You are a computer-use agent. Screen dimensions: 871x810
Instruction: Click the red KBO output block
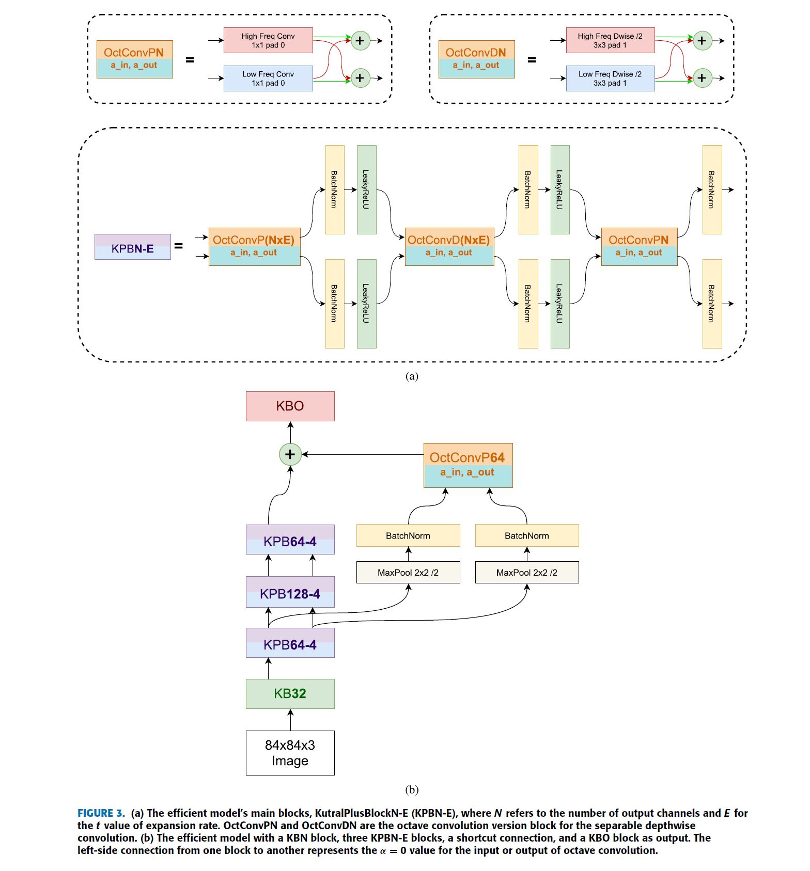(x=290, y=406)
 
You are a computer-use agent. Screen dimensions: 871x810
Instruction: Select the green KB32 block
(x=290, y=693)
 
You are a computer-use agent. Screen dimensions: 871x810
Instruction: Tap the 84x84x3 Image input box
(x=290, y=752)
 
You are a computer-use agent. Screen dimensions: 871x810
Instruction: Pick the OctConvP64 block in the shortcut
(x=468, y=465)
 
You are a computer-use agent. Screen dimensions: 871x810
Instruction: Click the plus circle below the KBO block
(x=290, y=454)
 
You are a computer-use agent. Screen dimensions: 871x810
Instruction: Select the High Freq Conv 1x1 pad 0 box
(x=268, y=40)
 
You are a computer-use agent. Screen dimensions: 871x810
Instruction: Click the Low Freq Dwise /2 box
(x=610, y=78)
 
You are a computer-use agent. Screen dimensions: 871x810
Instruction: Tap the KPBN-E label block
(x=132, y=247)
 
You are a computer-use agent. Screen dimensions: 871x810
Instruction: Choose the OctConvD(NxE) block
(x=449, y=246)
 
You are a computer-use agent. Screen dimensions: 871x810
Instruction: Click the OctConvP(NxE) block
(x=254, y=246)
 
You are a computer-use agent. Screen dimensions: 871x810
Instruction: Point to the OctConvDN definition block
(x=476, y=59)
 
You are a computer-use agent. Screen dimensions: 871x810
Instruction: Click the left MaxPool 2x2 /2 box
(x=408, y=572)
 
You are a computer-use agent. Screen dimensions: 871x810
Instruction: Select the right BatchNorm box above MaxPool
(x=526, y=535)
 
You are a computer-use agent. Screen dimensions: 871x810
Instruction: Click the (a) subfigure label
(x=411, y=376)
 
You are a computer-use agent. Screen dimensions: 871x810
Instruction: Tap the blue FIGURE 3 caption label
(x=101, y=813)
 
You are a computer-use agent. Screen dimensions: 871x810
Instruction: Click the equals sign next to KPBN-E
(x=178, y=246)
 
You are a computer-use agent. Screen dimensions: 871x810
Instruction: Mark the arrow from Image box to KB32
(x=290, y=720)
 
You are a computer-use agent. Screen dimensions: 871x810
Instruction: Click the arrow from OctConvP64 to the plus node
(x=362, y=454)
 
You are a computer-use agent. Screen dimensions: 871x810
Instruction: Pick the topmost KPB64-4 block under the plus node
(x=290, y=540)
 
